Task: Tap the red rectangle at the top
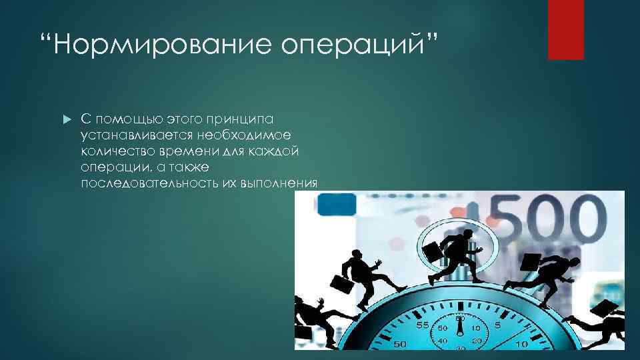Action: [x=565, y=29]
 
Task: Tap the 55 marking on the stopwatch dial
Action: [x=422, y=325]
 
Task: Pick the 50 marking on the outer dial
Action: [x=401, y=345]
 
